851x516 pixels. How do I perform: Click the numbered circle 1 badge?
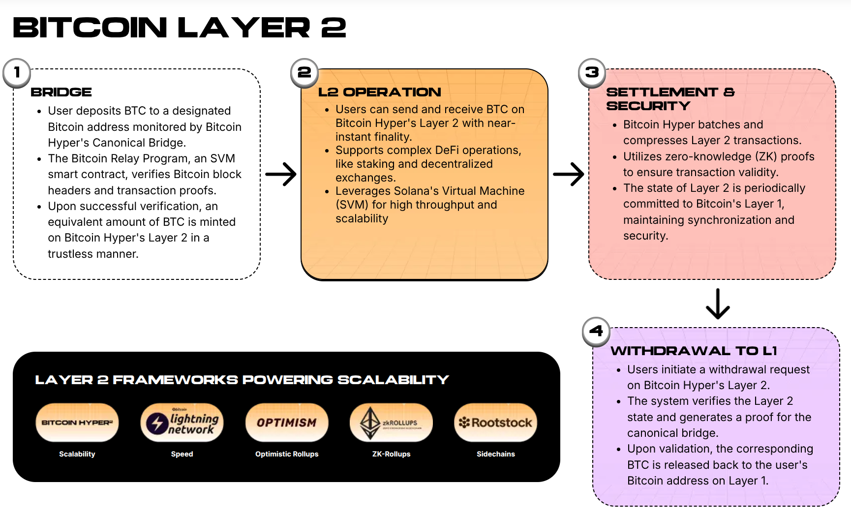pos(17,73)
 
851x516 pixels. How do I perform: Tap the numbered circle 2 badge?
pos(304,73)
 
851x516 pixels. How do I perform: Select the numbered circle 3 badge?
pos(592,73)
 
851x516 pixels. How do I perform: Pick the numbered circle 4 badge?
pos(596,331)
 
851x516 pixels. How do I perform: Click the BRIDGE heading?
pos(61,92)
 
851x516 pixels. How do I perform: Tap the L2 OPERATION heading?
pos(379,92)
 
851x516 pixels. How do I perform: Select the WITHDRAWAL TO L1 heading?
pos(694,351)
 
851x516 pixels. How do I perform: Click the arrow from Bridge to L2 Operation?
pos(281,174)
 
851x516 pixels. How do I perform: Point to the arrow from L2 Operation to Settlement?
pos(569,174)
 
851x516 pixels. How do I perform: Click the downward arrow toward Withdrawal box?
pos(718,304)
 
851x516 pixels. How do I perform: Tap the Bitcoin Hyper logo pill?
pos(77,423)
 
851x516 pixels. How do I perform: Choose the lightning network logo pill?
pos(182,423)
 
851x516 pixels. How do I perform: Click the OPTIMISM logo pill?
pos(287,423)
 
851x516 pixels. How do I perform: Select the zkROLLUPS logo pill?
pos(391,423)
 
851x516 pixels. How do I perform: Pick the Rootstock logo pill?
pos(495,423)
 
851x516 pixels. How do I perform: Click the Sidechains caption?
pos(495,454)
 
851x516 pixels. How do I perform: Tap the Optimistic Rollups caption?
pos(287,454)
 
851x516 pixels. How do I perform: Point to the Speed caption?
pos(182,454)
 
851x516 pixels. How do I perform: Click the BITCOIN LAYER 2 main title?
pos(180,28)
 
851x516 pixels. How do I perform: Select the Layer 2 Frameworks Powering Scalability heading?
pos(242,380)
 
